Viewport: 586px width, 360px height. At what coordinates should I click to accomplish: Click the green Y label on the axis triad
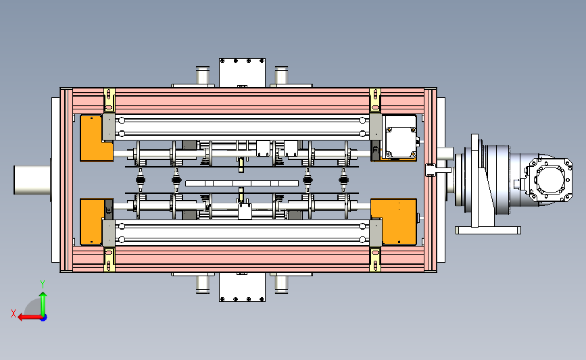(x=43, y=284)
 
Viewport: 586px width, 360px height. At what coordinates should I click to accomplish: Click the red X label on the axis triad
(x=14, y=313)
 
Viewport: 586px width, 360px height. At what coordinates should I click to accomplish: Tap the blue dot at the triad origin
(x=44, y=318)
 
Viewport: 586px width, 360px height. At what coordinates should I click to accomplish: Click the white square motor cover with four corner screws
(x=401, y=142)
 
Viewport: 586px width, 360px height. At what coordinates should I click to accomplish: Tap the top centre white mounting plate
(x=242, y=73)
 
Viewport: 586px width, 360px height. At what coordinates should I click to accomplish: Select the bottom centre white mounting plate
(x=242, y=287)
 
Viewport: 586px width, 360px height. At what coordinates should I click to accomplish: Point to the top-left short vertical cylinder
(x=203, y=76)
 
